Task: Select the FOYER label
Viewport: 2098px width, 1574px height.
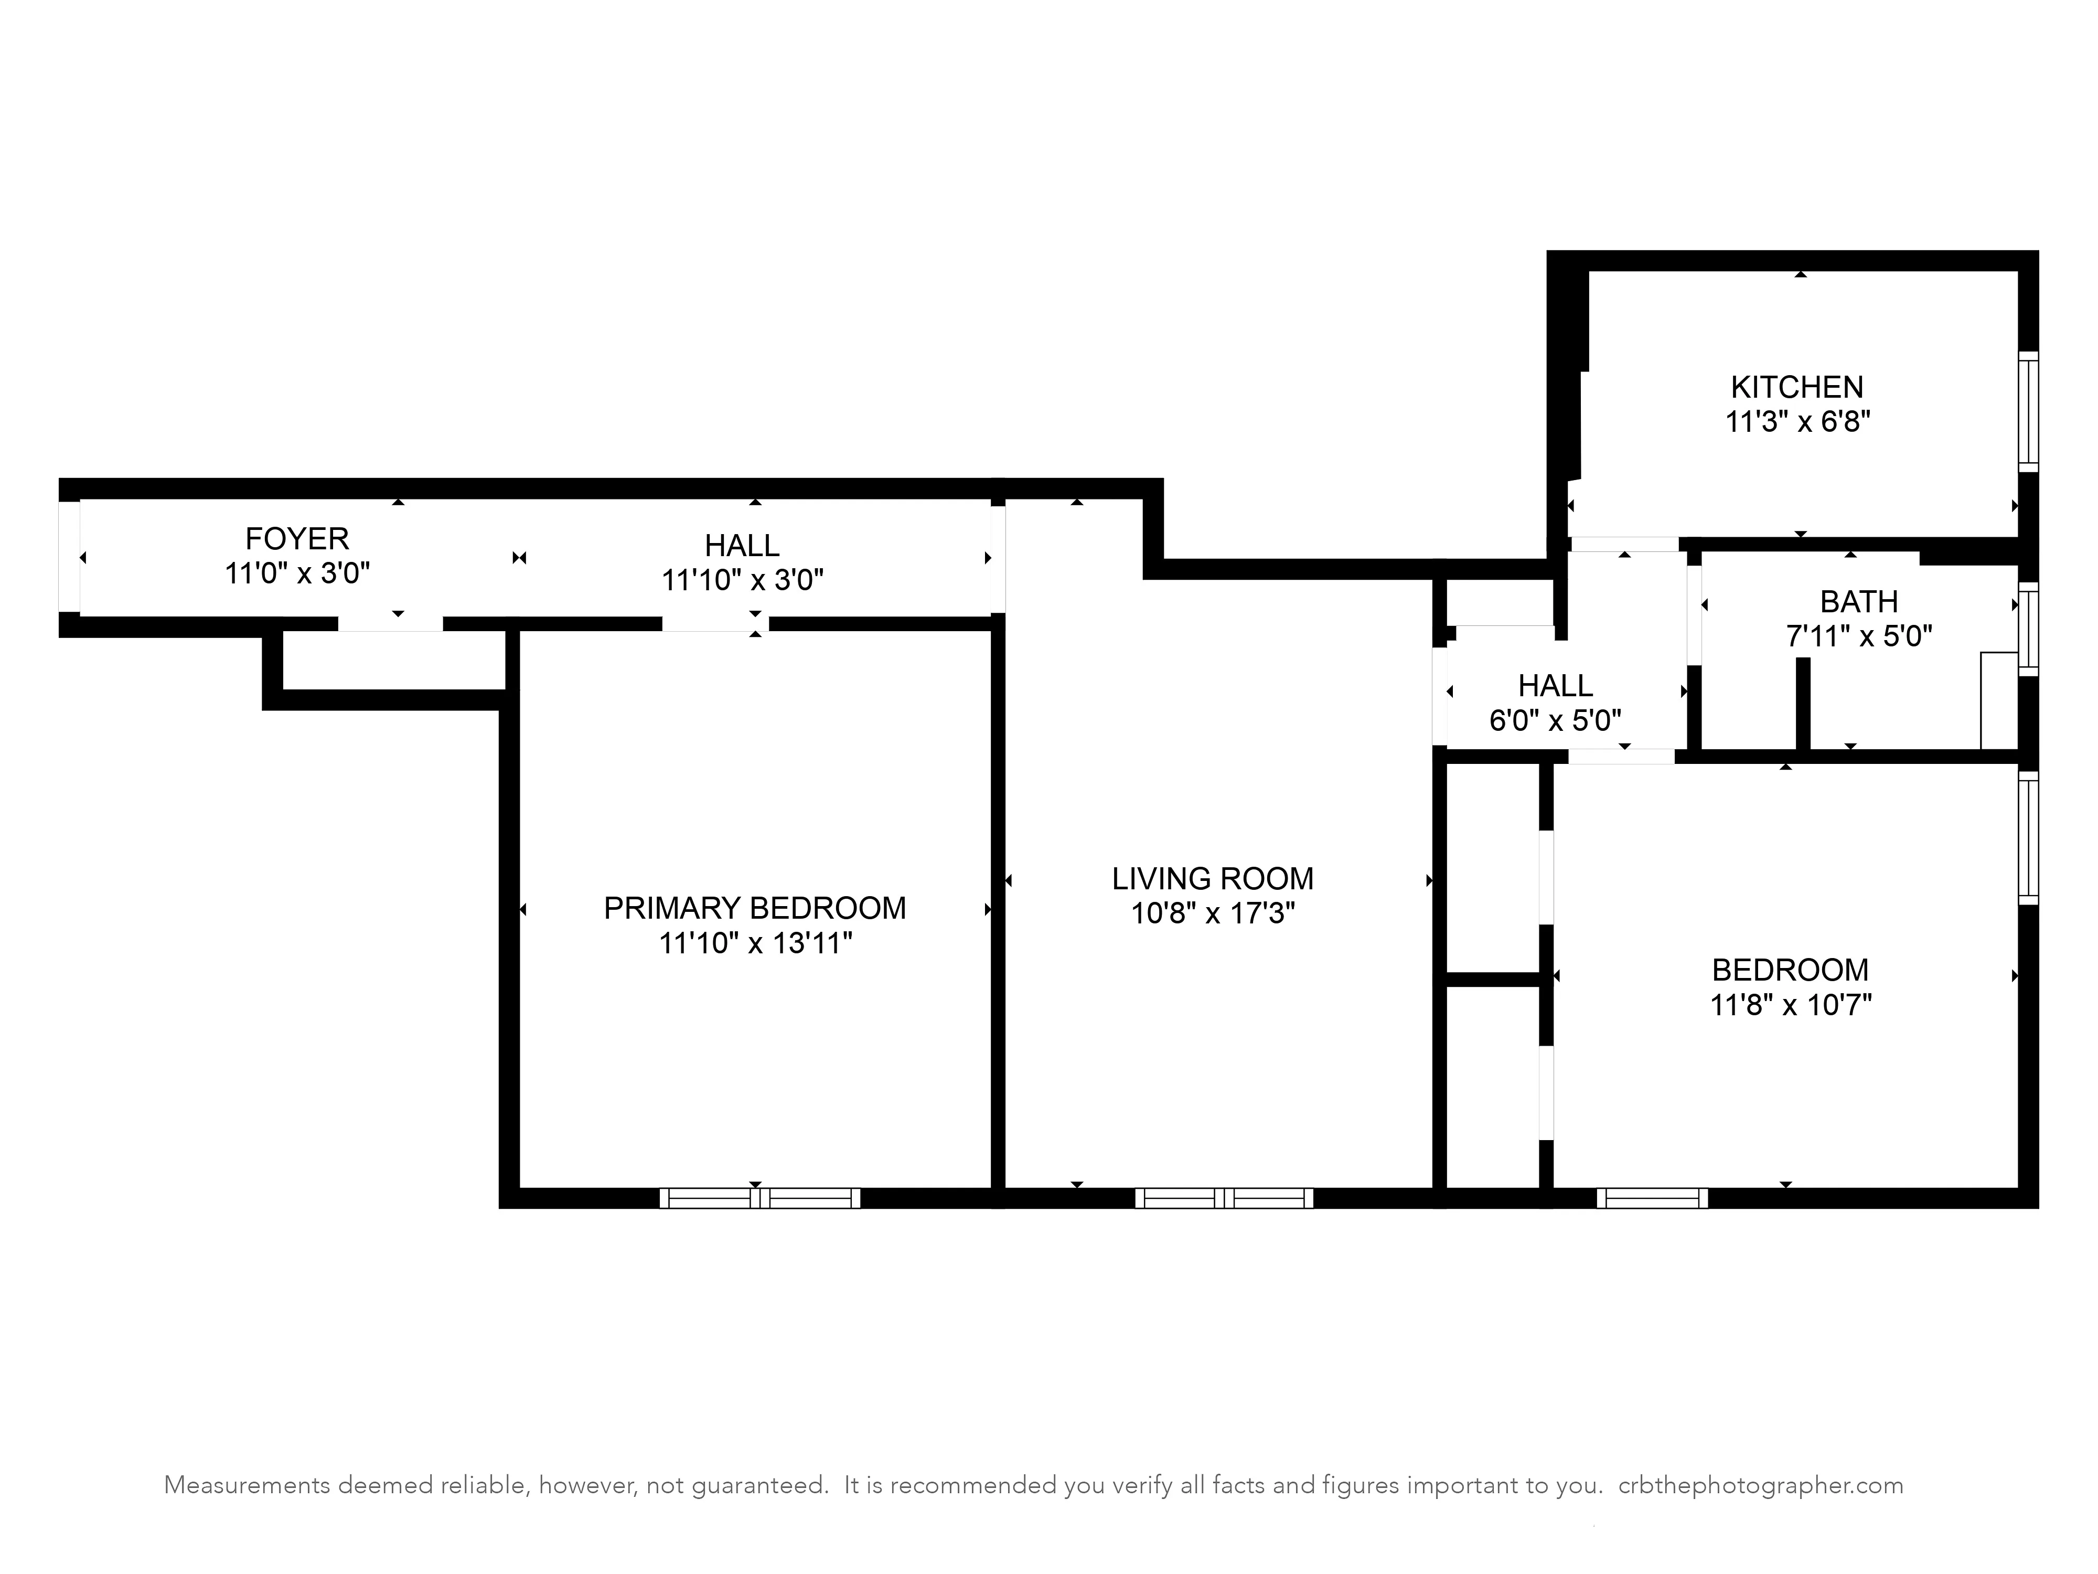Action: tap(297, 539)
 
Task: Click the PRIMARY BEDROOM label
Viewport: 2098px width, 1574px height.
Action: tap(754, 909)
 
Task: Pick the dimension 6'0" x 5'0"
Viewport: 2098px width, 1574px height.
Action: tap(1556, 721)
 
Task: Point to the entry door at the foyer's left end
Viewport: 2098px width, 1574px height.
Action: tap(69, 557)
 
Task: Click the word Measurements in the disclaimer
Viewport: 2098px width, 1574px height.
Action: tap(247, 1485)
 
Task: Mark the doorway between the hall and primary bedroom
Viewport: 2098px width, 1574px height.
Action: tap(715, 623)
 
